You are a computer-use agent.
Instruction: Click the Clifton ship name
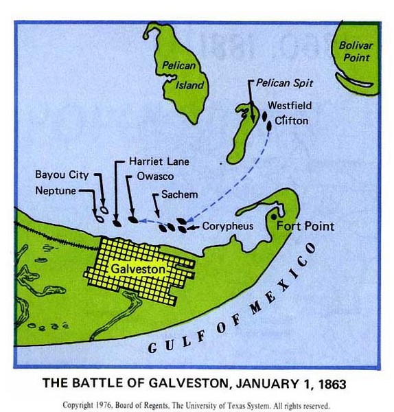click(291, 121)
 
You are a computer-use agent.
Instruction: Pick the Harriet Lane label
click(159, 162)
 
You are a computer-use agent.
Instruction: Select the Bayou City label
click(62, 174)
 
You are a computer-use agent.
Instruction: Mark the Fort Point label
click(305, 226)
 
